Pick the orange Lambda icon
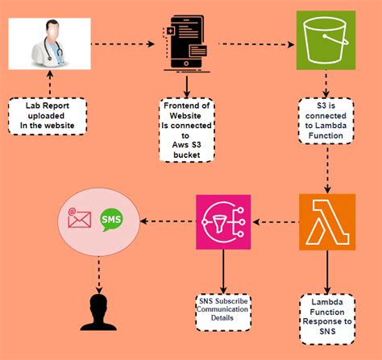(326, 221)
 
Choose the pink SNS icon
(224, 221)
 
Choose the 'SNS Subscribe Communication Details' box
(225, 309)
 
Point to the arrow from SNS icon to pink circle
(168, 220)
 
